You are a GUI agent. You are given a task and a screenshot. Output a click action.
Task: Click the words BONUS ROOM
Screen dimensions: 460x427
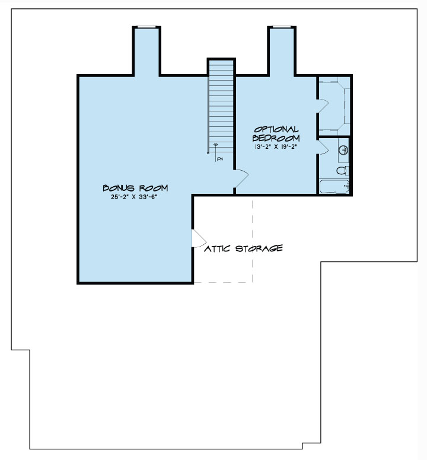(x=135, y=188)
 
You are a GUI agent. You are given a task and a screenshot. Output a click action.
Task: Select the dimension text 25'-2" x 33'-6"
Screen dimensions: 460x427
(x=135, y=198)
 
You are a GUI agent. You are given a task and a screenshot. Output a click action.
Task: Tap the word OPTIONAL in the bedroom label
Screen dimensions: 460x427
(x=276, y=129)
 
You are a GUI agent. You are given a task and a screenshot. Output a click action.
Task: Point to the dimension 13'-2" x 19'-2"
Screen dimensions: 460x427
(x=276, y=146)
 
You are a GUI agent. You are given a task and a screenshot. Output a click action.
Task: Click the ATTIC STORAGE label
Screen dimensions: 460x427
(x=243, y=248)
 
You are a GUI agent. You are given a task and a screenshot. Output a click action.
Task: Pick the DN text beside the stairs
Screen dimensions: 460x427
(x=219, y=159)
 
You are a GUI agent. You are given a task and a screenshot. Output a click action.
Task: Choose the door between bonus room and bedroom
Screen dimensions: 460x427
(x=241, y=177)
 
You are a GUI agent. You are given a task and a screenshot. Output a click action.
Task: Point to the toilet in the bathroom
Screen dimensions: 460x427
(x=342, y=171)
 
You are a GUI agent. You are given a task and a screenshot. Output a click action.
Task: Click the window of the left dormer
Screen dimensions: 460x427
(x=146, y=27)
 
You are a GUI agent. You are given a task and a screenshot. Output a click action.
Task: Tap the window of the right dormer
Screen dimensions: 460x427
(x=282, y=27)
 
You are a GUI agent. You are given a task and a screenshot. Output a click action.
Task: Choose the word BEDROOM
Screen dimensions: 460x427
(x=276, y=138)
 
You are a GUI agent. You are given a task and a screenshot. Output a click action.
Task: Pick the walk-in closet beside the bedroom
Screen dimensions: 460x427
(x=336, y=106)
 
